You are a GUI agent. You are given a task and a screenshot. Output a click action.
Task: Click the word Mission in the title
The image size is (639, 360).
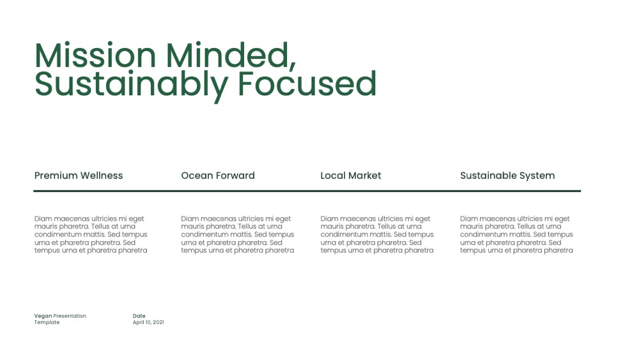coord(95,56)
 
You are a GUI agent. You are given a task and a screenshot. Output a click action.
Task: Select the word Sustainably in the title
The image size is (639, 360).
coord(131,84)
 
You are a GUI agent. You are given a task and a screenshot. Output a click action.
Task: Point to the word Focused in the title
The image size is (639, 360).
coord(307,84)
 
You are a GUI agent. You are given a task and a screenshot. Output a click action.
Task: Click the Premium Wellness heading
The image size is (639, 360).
coord(79,175)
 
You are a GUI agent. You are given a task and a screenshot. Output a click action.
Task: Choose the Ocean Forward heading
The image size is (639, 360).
coord(218,175)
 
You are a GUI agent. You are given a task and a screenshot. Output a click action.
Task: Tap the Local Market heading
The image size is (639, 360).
coord(351,175)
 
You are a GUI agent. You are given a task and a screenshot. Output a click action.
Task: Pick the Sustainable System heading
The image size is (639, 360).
coord(507,176)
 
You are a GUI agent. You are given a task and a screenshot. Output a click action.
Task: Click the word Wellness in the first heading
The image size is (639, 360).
coord(102,175)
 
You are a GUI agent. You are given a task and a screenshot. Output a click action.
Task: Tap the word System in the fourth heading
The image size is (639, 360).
coord(537,176)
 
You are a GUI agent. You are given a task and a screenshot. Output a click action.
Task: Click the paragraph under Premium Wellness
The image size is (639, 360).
coord(91,235)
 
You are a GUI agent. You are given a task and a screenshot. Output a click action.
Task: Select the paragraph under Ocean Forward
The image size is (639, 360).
coord(238,235)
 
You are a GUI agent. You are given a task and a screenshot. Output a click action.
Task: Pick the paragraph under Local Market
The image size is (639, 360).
coord(377,235)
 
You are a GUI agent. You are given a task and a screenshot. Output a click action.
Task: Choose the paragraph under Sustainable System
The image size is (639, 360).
coord(517,235)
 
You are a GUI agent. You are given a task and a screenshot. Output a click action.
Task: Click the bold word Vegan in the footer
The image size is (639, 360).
coord(43,316)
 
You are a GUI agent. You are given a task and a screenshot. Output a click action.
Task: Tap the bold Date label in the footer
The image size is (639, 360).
coord(139,316)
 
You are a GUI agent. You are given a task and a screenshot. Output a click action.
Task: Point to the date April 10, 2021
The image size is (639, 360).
coord(148,322)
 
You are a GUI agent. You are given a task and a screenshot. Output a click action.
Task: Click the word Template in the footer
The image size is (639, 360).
coord(47,322)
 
